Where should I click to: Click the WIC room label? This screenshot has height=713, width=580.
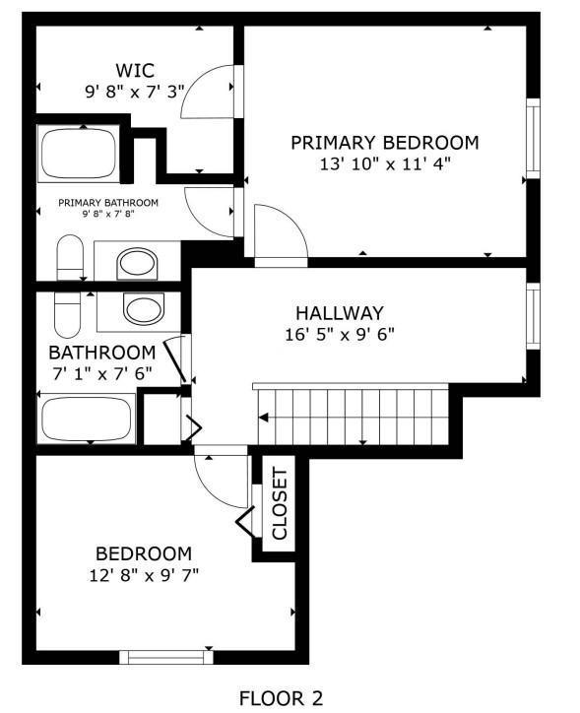135,70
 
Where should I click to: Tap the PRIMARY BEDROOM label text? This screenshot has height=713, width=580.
384,143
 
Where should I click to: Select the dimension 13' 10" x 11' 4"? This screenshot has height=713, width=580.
384,164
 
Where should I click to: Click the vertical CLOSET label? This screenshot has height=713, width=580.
279,504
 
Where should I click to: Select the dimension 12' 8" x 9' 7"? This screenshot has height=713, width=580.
143,574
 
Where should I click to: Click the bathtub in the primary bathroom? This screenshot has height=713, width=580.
78,154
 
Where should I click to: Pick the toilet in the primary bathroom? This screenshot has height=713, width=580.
70,258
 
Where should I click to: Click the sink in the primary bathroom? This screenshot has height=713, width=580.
137,263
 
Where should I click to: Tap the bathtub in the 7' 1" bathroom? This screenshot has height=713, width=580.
86,420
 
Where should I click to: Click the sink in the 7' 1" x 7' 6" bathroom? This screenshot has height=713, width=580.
144,309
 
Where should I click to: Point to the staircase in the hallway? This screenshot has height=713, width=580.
352,415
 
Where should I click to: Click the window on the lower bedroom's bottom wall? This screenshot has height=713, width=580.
165,657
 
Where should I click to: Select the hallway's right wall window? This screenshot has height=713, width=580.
533,318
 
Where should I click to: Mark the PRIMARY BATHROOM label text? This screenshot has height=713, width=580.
108,203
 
